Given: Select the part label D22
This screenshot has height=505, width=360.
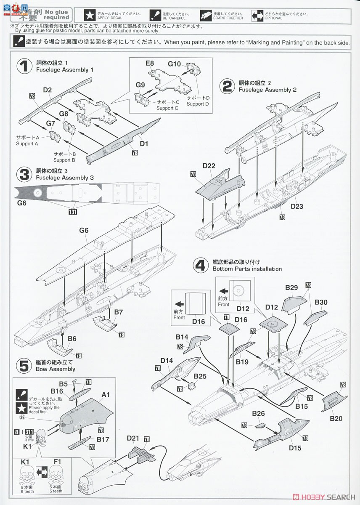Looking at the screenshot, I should [209, 166].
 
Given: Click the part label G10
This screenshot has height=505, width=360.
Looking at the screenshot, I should [174, 64].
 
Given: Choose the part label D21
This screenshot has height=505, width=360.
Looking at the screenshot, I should [133, 439].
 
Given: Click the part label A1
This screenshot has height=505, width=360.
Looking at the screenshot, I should [106, 395].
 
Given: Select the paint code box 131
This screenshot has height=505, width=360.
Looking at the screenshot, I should [73, 213].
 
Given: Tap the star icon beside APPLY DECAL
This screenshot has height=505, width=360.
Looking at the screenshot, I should [89, 16].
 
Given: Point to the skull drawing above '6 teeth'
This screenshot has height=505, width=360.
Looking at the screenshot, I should [27, 478].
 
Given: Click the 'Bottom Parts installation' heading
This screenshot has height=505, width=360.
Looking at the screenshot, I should [247, 268].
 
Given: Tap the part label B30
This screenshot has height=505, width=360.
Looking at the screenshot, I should [321, 302].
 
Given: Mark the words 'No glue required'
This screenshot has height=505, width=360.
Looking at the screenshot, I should [55, 15].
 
